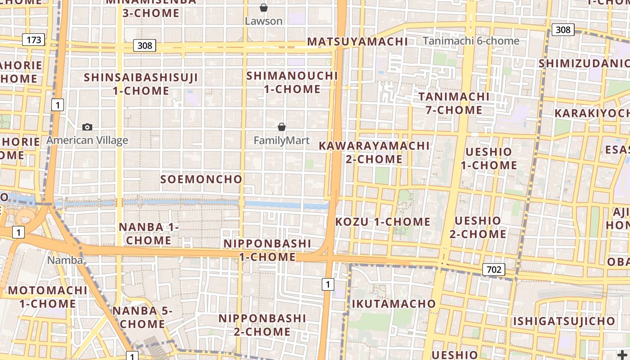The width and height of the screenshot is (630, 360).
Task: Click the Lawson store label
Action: [264, 21]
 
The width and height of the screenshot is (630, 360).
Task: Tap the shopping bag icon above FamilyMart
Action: [282, 127]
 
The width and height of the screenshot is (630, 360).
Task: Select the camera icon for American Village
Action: [87, 127]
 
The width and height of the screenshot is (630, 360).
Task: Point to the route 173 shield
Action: [34, 40]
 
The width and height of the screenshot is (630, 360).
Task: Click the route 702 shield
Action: [494, 270]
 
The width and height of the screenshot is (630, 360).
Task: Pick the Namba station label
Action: [65, 260]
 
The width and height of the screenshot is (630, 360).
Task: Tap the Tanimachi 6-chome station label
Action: [471, 41]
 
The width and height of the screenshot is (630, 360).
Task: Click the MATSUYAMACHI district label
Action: [357, 42]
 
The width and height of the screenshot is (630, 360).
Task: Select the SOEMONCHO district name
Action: [202, 179]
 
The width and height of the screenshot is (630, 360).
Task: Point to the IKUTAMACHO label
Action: [394, 304]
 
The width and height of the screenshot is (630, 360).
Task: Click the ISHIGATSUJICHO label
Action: [564, 321]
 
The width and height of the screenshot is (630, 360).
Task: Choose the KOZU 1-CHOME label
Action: [383, 222]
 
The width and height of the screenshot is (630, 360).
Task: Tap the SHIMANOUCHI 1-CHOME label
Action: [292, 82]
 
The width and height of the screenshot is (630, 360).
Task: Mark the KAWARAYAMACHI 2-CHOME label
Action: [374, 153]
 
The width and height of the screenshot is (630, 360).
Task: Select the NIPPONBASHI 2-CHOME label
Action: [262, 325]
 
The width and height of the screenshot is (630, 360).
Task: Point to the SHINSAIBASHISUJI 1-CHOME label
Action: [141, 84]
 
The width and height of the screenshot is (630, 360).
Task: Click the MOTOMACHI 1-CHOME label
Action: [48, 297]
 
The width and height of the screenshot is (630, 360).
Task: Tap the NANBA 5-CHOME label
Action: [142, 317]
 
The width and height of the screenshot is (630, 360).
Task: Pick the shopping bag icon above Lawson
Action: [264, 8]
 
